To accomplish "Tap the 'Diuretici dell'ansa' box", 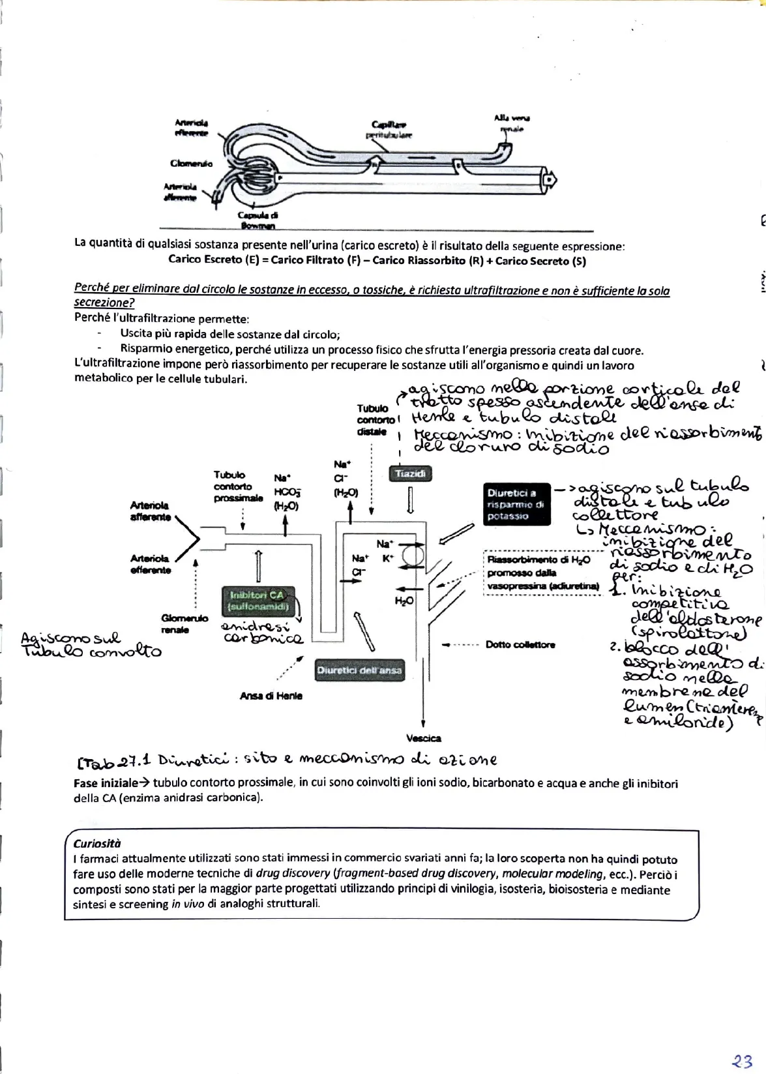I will click(360, 670).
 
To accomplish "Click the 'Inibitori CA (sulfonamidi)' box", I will click(258, 601).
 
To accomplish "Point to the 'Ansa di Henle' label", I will click(271, 696).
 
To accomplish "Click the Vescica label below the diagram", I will click(424, 738).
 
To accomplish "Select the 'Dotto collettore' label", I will click(520, 644).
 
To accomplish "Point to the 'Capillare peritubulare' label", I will click(389, 129).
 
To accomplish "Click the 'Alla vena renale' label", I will click(512, 123).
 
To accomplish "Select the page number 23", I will click(742, 1061).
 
